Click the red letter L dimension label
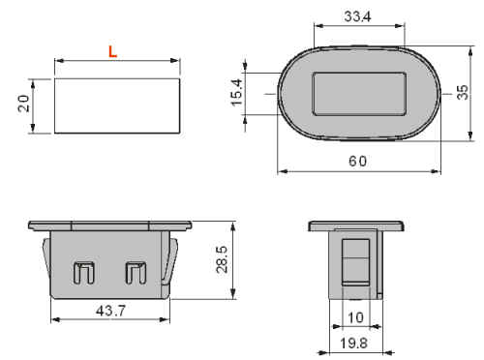point(112,51)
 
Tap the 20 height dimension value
point(23,104)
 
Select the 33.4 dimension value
point(357,16)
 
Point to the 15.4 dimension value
point(236,93)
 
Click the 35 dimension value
point(463,92)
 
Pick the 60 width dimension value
point(358,161)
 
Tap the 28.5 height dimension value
point(222,259)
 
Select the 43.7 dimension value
point(110,311)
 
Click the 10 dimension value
point(355,317)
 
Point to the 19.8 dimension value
point(354,344)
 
